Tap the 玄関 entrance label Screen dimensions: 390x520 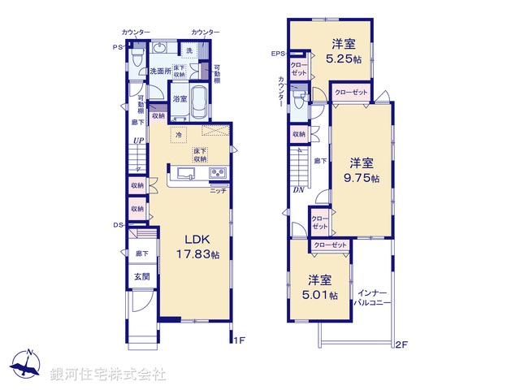tap(142, 277)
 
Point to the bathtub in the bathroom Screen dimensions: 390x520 tap(200, 95)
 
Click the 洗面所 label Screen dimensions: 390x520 tap(159, 71)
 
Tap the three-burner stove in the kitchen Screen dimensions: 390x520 tap(218, 173)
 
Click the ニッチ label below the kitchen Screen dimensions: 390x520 tap(217, 191)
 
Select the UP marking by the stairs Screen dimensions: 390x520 tap(139, 141)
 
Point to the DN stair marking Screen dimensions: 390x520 tap(298, 190)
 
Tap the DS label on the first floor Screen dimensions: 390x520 tap(117, 225)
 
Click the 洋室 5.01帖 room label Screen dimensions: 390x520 tap(323, 288)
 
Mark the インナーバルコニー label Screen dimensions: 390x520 tap(373, 297)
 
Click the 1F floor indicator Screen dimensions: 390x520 tap(238, 341)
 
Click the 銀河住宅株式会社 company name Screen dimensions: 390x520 tap(108, 375)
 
